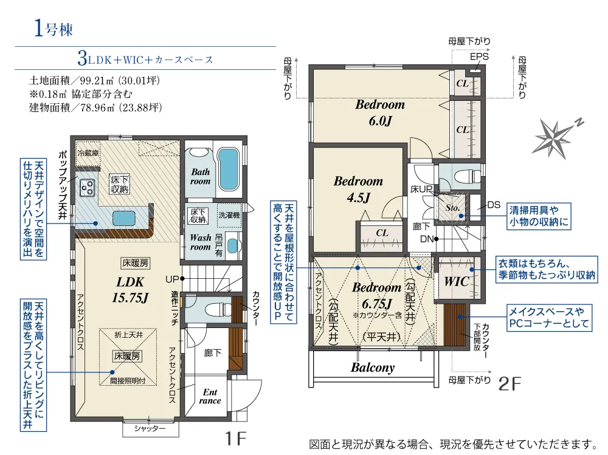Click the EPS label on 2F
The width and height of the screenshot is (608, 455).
(479, 56)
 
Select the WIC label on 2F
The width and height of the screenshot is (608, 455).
(457, 282)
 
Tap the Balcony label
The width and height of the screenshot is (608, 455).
(373, 368)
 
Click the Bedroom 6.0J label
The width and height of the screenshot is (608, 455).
(380, 112)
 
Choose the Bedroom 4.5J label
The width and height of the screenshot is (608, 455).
(358, 189)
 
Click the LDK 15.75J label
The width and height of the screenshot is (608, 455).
(130, 290)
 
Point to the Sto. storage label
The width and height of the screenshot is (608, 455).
(452, 208)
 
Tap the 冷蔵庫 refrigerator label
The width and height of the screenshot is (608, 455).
(88, 152)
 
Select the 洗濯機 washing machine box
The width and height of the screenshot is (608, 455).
(229, 214)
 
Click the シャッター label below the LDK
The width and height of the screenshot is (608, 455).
(150, 428)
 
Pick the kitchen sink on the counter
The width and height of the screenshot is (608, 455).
(123, 218)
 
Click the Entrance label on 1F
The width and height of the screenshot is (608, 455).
(210, 397)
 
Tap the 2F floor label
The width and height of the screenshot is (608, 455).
(510, 384)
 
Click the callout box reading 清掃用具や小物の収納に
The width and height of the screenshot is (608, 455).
(539, 216)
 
